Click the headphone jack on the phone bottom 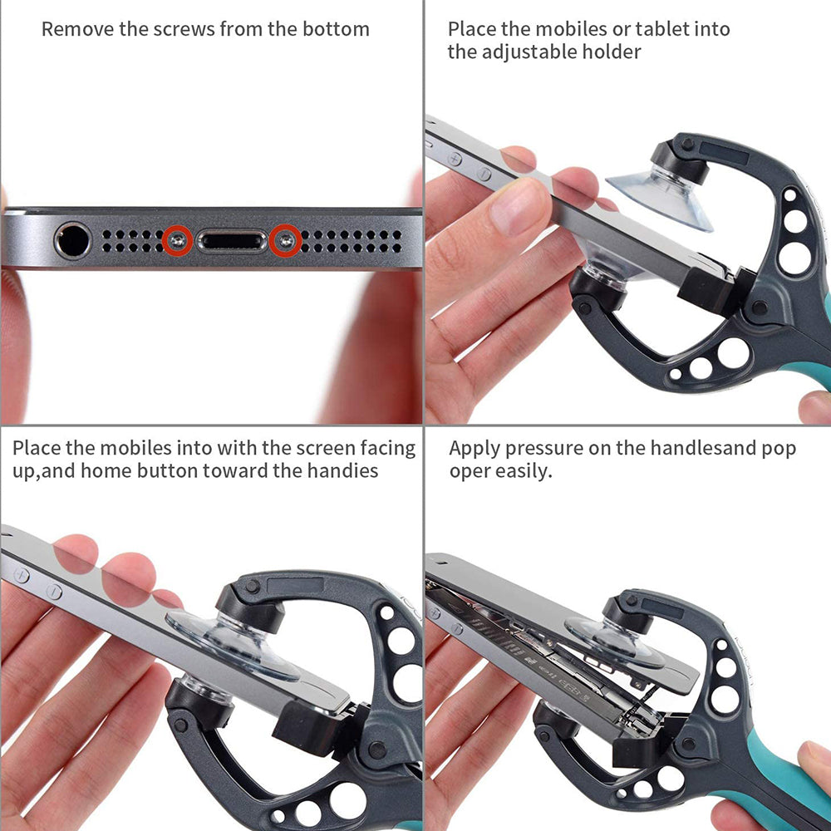pyautogui.click(x=72, y=241)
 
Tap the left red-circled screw pyautogui.click(x=178, y=240)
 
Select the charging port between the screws pyautogui.click(x=232, y=241)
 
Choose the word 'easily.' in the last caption pyautogui.click(x=524, y=472)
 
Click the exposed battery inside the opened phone pyautogui.click(x=532, y=656)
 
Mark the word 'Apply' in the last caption pyautogui.click(x=474, y=449)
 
